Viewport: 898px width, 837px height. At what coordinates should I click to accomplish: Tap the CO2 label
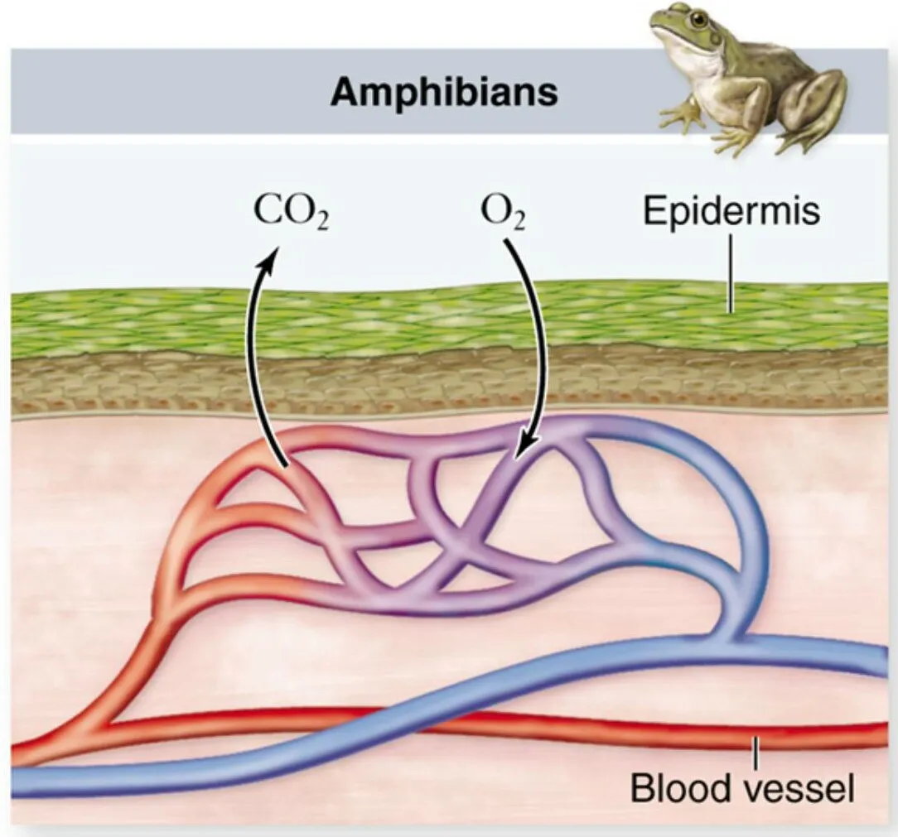(x=290, y=213)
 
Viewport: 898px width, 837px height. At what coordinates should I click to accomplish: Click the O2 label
(x=503, y=213)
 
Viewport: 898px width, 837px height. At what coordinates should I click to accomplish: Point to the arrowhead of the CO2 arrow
(x=269, y=254)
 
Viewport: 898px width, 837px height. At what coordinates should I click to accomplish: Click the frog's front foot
(x=679, y=118)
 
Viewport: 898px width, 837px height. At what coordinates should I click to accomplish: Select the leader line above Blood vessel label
(x=756, y=752)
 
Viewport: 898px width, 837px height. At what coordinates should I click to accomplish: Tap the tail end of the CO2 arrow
(x=283, y=466)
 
